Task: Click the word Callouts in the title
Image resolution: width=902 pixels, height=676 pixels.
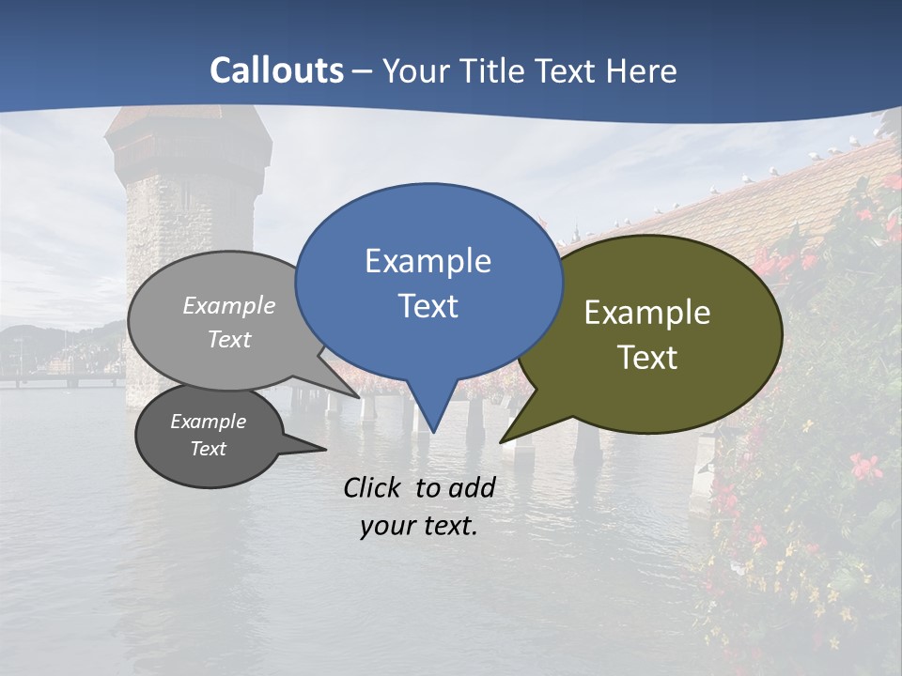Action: [276, 70]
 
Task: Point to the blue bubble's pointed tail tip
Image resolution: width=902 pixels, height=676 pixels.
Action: [432, 432]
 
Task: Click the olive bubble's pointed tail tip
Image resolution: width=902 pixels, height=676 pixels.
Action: [502, 440]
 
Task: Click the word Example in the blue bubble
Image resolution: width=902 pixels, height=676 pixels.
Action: [428, 261]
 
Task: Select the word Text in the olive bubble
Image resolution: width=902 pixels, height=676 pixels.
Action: [647, 357]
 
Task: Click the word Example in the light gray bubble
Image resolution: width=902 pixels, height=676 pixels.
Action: [229, 306]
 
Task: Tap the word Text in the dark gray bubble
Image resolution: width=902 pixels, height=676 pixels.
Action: [208, 449]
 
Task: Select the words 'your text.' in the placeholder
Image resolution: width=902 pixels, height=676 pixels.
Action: [419, 526]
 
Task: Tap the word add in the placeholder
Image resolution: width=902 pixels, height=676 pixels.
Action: [472, 487]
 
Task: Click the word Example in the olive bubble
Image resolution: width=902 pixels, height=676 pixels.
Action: [647, 313]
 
